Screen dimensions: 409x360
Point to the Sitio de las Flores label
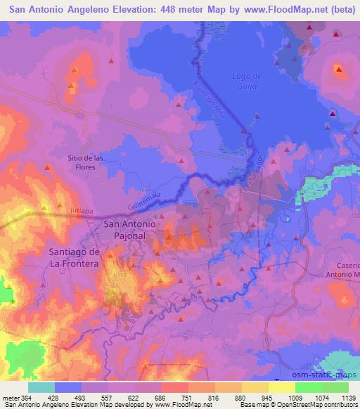pos(86,163)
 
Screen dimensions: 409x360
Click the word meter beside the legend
pos(10,398)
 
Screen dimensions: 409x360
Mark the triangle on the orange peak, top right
pos(338,69)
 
